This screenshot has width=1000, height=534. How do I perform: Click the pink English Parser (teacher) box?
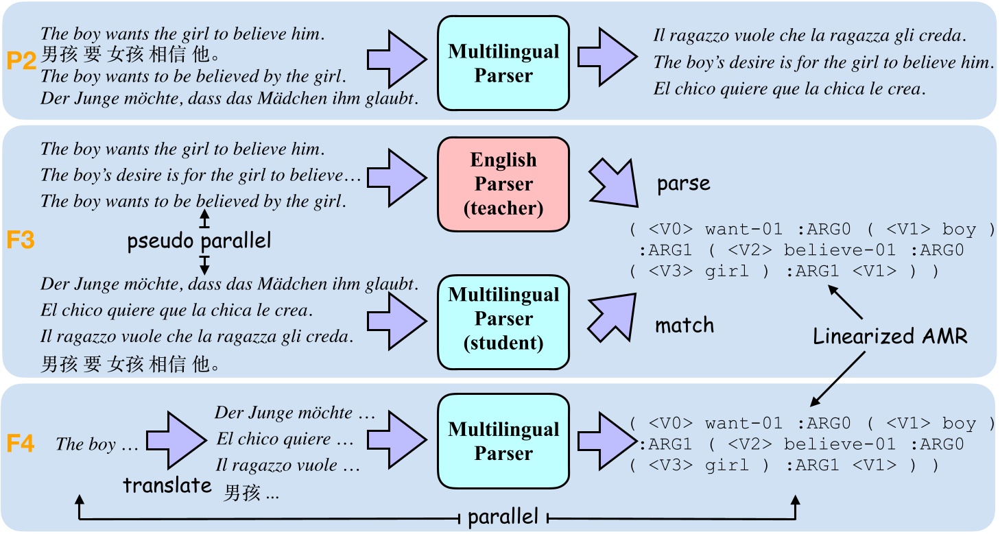click(x=503, y=184)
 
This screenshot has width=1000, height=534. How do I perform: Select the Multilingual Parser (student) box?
click(x=503, y=319)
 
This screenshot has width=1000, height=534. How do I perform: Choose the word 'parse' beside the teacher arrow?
click(x=684, y=184)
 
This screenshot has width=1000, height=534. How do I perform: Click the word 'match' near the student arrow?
click(x=684, y=324)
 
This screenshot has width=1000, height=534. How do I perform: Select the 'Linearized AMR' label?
click(x=890, y=336)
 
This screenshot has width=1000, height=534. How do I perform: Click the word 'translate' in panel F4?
click(x=167, y=485)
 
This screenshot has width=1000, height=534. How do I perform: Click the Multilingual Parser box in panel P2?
click(x=503, y=63)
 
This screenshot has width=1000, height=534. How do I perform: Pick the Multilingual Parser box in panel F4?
click(x=503, y=441)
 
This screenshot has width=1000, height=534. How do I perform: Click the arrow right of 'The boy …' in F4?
click(x=176, y=439)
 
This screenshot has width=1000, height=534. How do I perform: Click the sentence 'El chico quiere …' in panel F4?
click(x=284, y=439)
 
